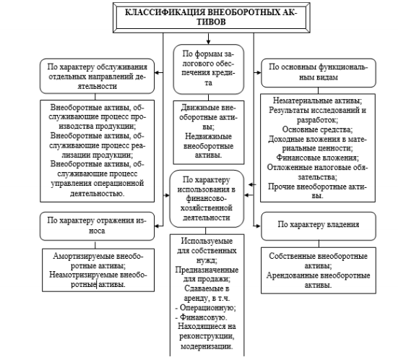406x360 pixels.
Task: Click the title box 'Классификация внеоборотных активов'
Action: coord(211,17)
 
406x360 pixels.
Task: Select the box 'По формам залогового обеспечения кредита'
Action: coord(209,69)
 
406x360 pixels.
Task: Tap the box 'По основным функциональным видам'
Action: coord(318,73)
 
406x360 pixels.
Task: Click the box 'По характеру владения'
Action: coord(318,226)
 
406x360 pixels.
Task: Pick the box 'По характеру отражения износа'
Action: coord(97,226)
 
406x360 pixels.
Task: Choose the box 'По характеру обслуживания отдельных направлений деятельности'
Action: coord(97,76)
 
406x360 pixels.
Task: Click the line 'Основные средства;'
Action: coord(317,129)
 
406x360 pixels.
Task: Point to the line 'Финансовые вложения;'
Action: coord(317,158)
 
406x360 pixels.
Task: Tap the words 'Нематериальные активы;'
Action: coord(317,100)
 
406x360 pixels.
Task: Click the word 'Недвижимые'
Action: coord(209,137)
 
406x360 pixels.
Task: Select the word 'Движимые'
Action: coord(199,108)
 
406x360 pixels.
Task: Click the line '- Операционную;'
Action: coord(206,308)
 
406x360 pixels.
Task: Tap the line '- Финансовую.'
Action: coord(201,317)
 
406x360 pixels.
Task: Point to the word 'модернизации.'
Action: coord(207,346)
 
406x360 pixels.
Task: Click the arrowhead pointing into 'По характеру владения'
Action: coord(258,226)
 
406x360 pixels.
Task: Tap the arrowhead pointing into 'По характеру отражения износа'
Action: coord(157,226)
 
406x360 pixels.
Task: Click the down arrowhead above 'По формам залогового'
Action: coord(208,42)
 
